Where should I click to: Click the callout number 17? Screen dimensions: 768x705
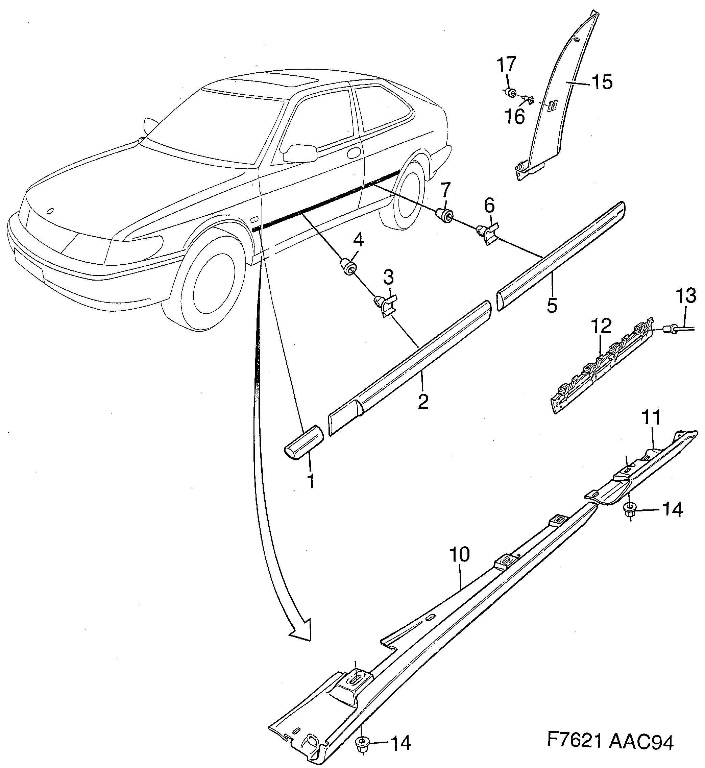pyautogui.click(x=507, y=66)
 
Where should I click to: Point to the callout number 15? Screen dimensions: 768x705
pyautogui.click(x=602, y=82)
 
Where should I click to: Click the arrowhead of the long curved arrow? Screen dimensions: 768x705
pyautogui.click(x=302, y=631)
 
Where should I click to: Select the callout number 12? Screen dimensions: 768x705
pyautogui.click(x=602, y=326)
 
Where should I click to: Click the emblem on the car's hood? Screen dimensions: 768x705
pyautogui.click(x=50, y=211)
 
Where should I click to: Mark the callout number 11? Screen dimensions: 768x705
pyautogui.click(x=651, y=418)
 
